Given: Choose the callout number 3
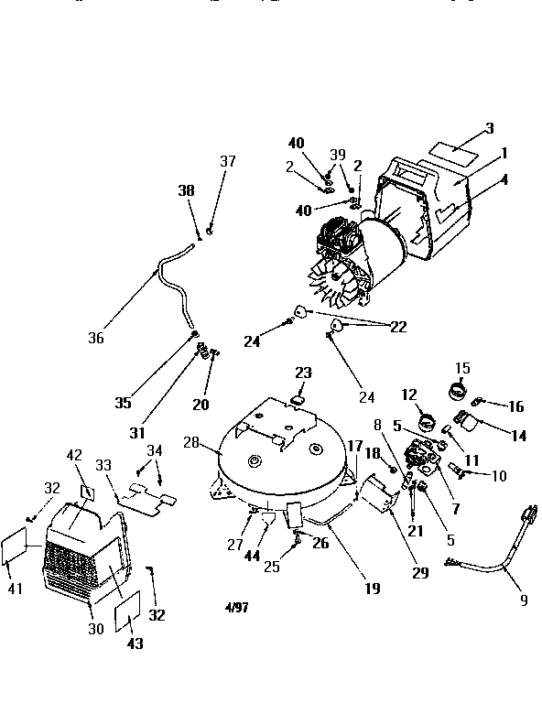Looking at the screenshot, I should tap(490, 129).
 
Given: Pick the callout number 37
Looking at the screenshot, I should tap(227, 162).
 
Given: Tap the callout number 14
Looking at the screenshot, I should tap(518, 437).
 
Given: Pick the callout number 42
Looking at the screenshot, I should tap(75, 454).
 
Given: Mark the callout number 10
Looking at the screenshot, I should tap(499, 475).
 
